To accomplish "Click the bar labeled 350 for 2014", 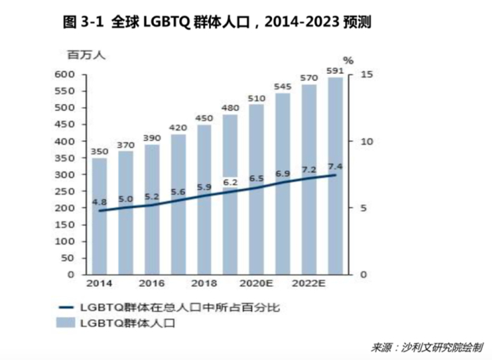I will pyautogui.click(x=100, y=218).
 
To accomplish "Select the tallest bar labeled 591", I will pyautogui.click(x=335, y=176).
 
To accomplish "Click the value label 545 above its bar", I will pyautogui.click(x=283, y=86).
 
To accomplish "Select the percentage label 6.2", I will pyautogui.click(x=231, y=182).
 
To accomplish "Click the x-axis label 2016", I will pyautogui.click(x=152, y=283).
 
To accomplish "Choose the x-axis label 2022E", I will pyautogui.click(x=309, y=283).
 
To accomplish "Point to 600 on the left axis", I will pyautogui.click(x=64, y=75).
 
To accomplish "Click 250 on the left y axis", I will pyautogui.click(x=64, y=191).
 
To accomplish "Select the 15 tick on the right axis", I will pyautogui.click(x=365, y=75).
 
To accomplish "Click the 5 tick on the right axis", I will pyautogui.click(x=362, y=208).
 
